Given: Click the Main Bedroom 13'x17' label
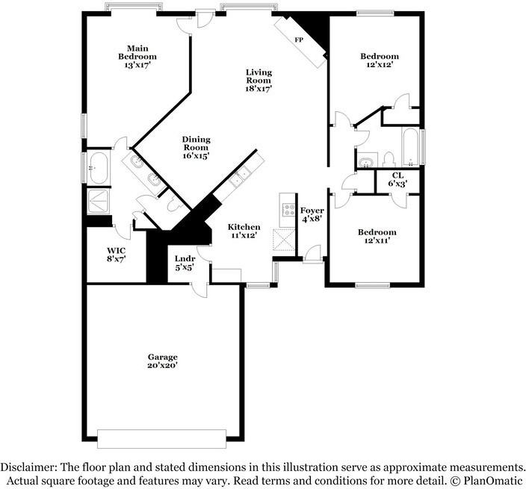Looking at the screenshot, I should coord(137,56).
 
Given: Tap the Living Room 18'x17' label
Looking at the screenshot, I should coord(259,80).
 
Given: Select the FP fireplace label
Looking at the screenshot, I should coord(299,40).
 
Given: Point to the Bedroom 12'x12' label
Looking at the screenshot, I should coord(380,60).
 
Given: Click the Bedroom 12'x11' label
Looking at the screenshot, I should coord(377,237).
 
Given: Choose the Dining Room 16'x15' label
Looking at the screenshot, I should coord(196,147).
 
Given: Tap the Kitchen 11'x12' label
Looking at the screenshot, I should coord(244,231).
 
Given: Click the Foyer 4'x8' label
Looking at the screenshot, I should coord(312,215).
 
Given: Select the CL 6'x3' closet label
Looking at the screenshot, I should coord(397,179).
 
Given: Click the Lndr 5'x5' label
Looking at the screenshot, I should coord(185,262).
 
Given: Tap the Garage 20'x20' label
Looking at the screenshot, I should coord(162,361).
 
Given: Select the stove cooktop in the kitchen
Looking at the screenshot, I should coord(288,206).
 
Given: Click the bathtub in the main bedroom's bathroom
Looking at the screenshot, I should coord(99,168).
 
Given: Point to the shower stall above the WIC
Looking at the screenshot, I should coord(99,200).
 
